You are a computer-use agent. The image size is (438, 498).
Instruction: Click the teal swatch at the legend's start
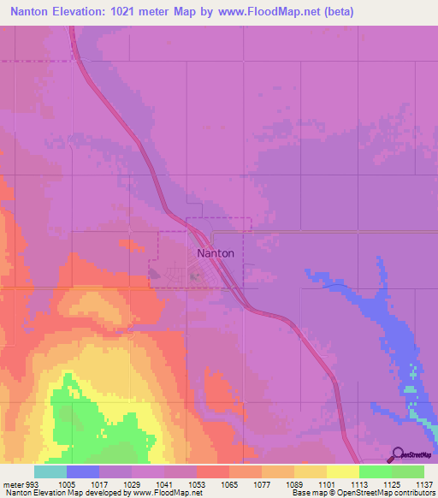point(50,471)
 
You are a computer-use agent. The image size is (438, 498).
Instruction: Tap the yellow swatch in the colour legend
point(342,471)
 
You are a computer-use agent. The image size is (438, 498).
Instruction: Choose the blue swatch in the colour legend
point(83,471)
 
